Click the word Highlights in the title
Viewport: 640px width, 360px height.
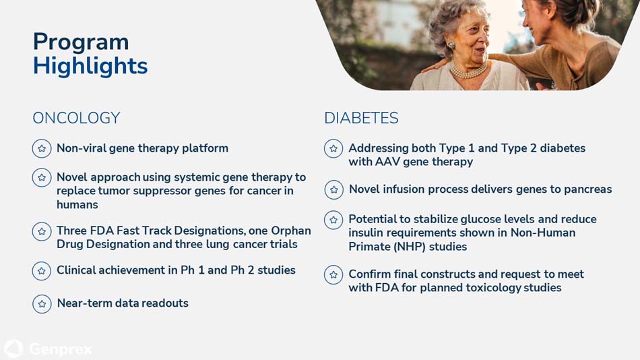click(x=90, y=67)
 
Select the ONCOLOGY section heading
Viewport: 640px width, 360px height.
click(x=76, y=118)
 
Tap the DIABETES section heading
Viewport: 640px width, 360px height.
click(x=361, y=118)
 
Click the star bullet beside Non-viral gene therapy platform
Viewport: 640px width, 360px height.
click(x=42, y=148)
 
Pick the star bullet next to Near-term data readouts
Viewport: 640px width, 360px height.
click(x=42, y=304)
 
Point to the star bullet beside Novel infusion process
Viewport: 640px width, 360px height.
click(x=334, y=190)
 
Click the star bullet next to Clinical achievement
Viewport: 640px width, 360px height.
click(x=42, y=271)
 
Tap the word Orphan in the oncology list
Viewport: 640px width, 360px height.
click(x=291, y=231)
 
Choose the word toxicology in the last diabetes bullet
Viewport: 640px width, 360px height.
click(x=493, y=288)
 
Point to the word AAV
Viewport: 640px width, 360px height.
click(x=387, y=162)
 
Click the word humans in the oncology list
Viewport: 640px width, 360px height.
click(x=77, y=204)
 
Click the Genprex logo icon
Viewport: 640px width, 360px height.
click(x=13, y=349)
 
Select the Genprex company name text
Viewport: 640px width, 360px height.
click(x=61, y=349)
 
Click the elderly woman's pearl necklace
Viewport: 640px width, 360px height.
click(x=469, y=71)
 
